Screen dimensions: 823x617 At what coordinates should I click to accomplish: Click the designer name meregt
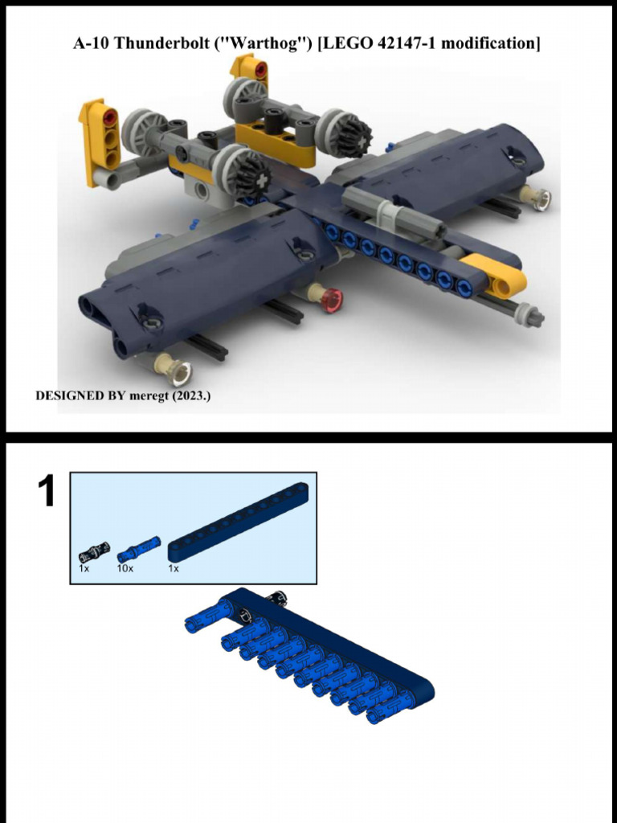(x=149, y=396)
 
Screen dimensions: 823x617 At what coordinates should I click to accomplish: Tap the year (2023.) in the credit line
(x=191, y=396)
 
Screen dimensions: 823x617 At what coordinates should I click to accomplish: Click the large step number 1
(x=47, y=492)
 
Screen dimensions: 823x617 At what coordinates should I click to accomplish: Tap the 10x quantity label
(x=125, y=568)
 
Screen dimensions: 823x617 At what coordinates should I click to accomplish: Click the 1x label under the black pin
(x=84, y=568)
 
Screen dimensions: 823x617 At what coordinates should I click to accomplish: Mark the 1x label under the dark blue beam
(x=173, y=568)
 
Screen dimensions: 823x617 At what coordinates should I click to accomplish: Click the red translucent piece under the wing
(x=330, y=299)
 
